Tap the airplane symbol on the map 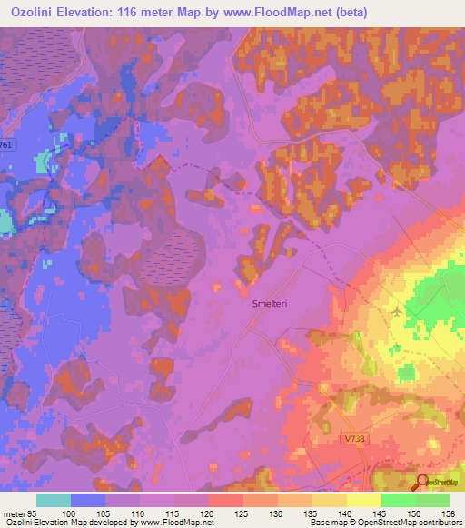pos(397,312)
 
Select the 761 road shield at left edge pos(7,144)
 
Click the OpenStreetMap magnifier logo pos(422,484)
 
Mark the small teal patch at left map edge pos(5,220)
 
